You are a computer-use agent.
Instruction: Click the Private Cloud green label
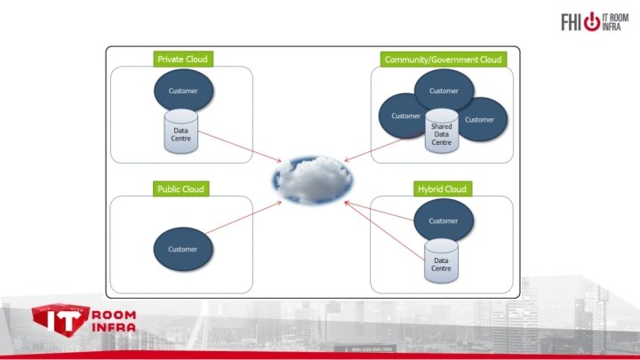[182, 60]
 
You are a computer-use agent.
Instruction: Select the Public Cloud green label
[180, 188]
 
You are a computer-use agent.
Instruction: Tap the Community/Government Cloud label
[443, 60]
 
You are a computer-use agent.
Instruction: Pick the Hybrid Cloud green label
[443, 188]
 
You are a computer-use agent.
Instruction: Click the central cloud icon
[312, 178]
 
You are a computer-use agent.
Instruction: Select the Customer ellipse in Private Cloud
[183, 91]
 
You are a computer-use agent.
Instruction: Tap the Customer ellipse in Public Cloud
[183, 248]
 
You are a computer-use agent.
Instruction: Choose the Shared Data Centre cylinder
[442, 132]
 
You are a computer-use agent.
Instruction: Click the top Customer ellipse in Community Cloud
[444, 89]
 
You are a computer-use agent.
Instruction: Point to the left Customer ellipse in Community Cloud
[402, 116]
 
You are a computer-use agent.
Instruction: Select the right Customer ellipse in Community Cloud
[483, 118]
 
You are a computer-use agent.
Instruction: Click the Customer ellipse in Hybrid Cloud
[443, 220]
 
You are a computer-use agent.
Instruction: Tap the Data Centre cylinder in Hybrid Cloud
[441, 261]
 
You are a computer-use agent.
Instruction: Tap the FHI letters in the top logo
[571, 21]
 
